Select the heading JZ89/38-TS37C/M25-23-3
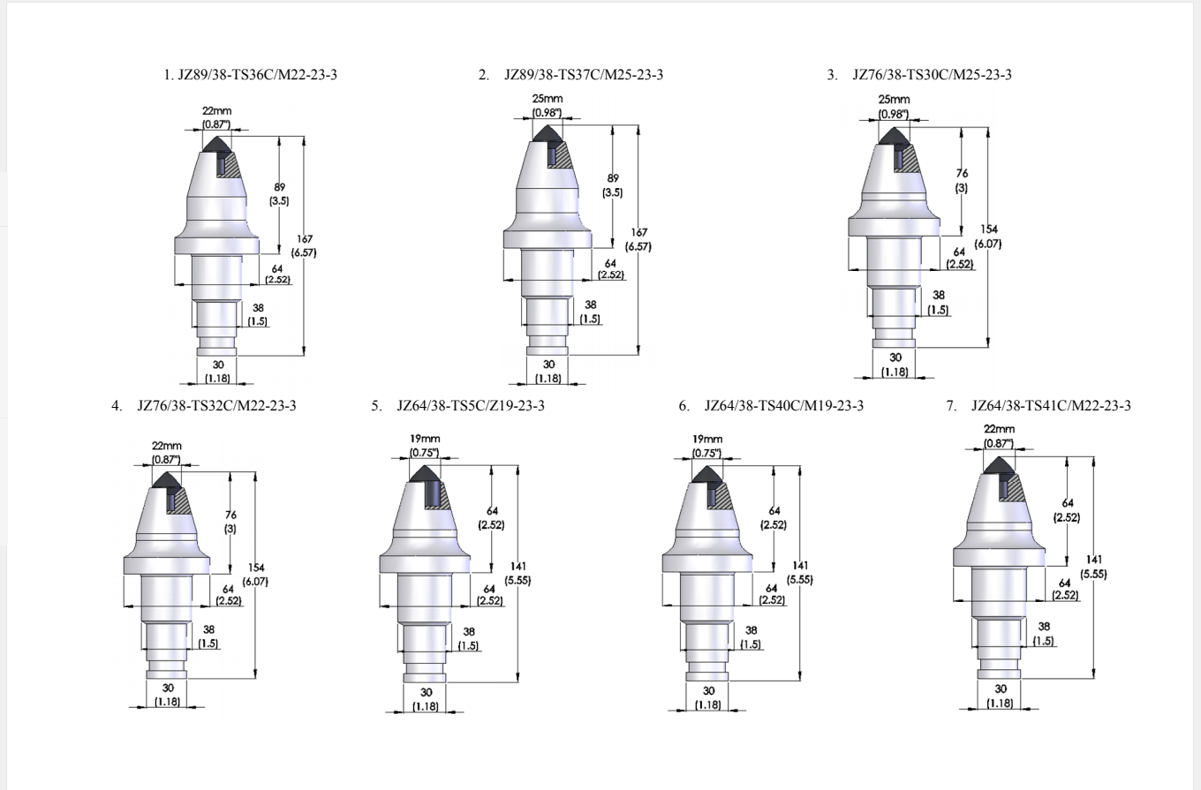584,74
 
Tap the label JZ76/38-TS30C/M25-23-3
932,74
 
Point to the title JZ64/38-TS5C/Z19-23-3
471,406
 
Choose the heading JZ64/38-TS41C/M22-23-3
1051,406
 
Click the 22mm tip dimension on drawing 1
216,111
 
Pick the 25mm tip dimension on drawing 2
548,99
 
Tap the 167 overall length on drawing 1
305,239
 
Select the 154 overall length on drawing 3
989,229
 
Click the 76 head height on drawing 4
230,515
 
